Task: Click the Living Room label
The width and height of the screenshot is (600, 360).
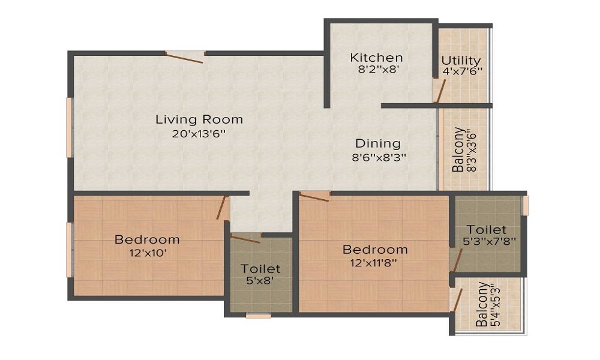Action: coord(199,119)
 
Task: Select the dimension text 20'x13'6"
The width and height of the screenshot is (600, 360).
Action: coord(199,134)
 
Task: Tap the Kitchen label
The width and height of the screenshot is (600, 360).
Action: coord(376,58)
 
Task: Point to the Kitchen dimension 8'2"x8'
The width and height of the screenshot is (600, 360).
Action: coord(376,69)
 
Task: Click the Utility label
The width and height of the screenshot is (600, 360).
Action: coord(461,61)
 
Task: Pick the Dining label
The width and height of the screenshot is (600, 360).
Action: coord(377,143)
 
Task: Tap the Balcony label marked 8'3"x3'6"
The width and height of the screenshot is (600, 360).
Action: coord(458,149)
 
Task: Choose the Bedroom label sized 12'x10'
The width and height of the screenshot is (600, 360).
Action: coord(147,239)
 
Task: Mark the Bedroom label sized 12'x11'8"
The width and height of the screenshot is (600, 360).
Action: coord(375,249)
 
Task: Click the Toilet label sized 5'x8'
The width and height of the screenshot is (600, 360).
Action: coord(260,269)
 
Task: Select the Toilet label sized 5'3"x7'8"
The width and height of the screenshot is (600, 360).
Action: coord(487,229)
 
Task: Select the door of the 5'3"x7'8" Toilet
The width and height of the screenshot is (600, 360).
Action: coord(457,259)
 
